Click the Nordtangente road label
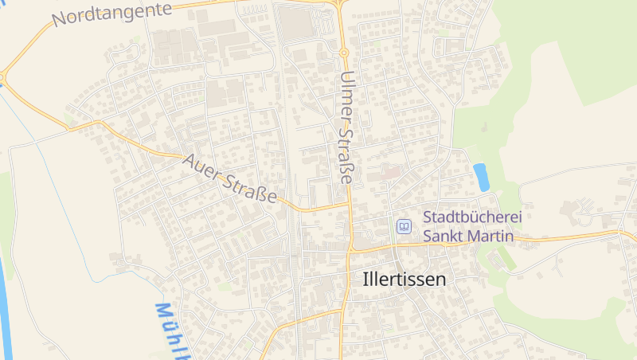pos(112,14)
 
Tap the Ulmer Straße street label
pos(346,127)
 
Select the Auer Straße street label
pos(229,177)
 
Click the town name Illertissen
pos(404,280)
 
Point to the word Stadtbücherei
pos(468,217)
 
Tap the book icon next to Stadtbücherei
pos(404,227)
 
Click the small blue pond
pos(481,177)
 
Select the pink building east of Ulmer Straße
pos(389,171)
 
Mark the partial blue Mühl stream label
pos(171,331)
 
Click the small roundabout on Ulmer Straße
pos(345,53)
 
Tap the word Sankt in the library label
pos(441,236)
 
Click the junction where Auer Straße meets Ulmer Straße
pos(349,205)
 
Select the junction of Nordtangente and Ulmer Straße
pos(340,4)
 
